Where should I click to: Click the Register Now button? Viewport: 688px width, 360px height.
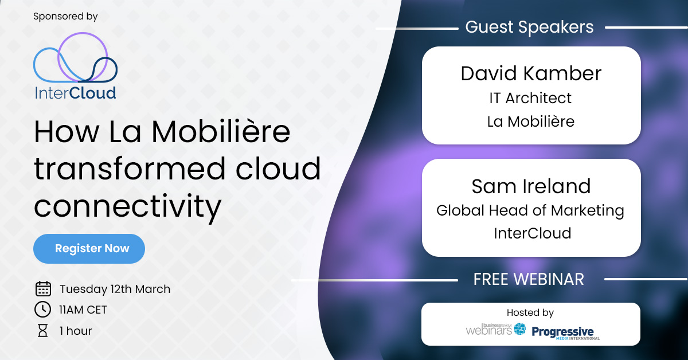point(89,249)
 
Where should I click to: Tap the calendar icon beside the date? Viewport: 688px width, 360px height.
point(43,289)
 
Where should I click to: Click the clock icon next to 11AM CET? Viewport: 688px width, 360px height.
point(43,310)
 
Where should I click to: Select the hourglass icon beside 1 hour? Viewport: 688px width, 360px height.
point(43,331)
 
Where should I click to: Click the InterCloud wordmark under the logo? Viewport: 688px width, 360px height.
point(75,93)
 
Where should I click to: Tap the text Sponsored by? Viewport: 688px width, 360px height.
point(65,17)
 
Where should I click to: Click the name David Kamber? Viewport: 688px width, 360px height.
point(531,73)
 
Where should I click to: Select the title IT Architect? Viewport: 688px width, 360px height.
point(530,98)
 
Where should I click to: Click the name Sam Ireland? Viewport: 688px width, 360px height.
point(531,186)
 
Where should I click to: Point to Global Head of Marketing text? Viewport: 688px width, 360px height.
point(530,210)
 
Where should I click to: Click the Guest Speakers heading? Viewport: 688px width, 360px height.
point(529,27)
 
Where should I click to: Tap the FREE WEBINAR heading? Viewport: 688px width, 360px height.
point(529,279)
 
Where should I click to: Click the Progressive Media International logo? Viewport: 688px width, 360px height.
point(565,332)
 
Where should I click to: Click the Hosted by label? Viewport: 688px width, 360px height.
point(530,312)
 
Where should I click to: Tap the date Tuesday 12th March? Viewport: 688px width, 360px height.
point(115,289)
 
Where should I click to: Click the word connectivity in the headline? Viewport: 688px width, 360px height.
point(127,207)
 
